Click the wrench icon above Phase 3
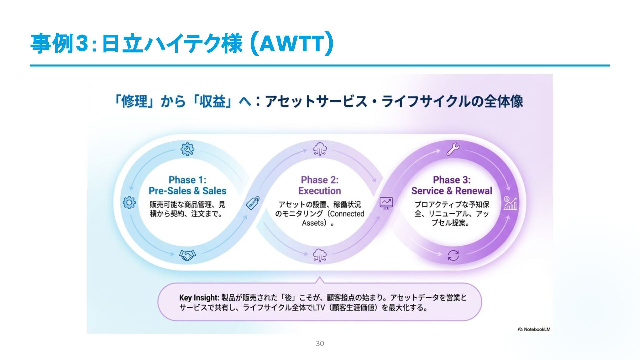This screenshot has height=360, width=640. pyautogui.click(x=453, y=149)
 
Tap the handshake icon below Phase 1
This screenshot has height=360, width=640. pyautogui.click(x=188, y=255)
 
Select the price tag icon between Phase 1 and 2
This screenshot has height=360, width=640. pyautogui.click(x=252, y=203)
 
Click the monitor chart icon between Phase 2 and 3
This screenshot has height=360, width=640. pyautogui.click(x=386, y=203)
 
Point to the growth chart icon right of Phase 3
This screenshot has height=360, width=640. pyautogui.click(x=510, y=203)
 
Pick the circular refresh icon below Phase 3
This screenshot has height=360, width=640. pyautogui.click(x=453, y=256)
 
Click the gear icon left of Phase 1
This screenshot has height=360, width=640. pyautogui.click(x=129, y=202)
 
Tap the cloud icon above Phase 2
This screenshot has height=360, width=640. pyautogui.click(x=320, y=149)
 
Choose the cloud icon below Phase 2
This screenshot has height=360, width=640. pyautogui.click(x=320, y=255)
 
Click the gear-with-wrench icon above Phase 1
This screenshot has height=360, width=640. pyautogui.click(x=187, y=149)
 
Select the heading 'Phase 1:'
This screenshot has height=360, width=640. pyautogui.click(x=187, y=180)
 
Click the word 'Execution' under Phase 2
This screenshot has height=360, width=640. pyautogui.click(x=320, y=191)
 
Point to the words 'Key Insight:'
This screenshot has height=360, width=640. pyautogui.click(x=199, y=298)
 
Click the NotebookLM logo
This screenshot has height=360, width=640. pyautogui.click(x=534, y=329)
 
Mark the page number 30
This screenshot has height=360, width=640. pyautogui.click(x=320, y=344)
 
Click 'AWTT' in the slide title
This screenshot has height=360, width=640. pyautogui.click(x=291, y=44)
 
